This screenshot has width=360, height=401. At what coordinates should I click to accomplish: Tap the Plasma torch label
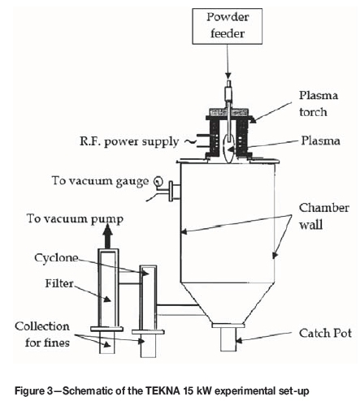[319, 104]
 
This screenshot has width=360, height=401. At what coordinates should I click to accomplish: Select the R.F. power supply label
[129, 141]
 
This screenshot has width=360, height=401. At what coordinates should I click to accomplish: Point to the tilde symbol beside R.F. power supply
[189, 141]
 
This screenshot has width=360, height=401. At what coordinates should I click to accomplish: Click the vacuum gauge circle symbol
[158, 181]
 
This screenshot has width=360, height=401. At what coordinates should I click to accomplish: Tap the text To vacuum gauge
[100, 181]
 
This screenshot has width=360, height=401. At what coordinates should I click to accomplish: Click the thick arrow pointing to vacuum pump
[107, 237]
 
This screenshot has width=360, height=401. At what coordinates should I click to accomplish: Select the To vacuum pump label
[75, 219]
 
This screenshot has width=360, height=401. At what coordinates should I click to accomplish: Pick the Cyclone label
[56, 258]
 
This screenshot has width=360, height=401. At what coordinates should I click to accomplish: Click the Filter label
[59, 283]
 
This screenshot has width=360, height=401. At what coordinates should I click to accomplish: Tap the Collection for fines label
[42, 334]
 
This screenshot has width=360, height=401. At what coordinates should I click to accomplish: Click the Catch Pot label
[325, 333]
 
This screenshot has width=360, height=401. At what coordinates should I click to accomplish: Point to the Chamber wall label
[323, 216]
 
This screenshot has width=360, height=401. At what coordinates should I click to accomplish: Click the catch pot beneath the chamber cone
[228, 339]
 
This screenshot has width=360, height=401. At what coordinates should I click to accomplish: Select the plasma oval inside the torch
[229, 148]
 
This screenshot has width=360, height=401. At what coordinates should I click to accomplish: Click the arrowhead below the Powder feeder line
[228, 75]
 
